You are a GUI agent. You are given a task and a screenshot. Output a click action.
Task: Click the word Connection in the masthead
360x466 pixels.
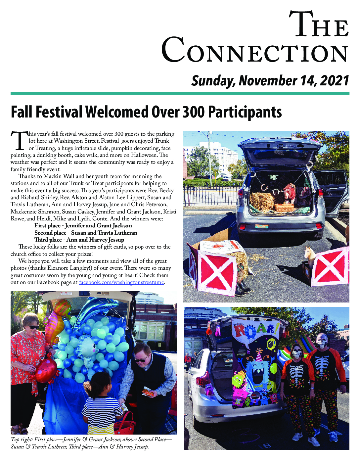coord(255,50)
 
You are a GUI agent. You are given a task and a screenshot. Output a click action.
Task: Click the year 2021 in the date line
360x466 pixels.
coord(334,81)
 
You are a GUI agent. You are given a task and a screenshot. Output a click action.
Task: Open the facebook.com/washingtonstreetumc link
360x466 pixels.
coord(121,282)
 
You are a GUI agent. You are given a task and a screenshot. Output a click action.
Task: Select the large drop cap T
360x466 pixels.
coord(19,141)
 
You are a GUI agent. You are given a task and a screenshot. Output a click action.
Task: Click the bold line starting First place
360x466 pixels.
coord(83,226)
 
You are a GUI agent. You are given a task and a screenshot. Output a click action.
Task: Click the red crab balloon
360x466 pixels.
coord(46,368)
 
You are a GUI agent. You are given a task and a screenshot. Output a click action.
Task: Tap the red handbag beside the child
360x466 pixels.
coord(125,424)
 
